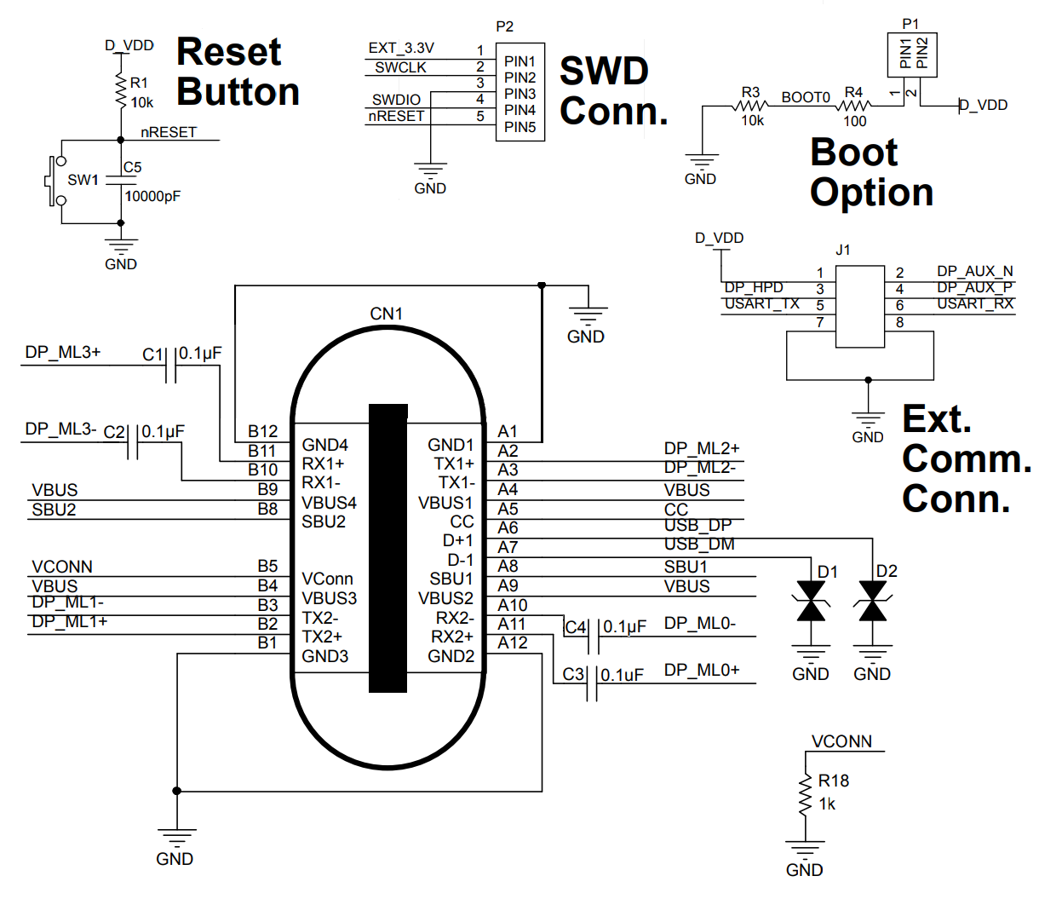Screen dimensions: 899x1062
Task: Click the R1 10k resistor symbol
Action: click(121, 89)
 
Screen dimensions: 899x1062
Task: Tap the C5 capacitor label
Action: click(132, 167)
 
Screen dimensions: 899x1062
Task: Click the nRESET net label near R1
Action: click(169, 132)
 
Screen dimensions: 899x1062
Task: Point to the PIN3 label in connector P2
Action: click(520, 94)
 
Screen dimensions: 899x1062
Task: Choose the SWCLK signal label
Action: click(400, 67)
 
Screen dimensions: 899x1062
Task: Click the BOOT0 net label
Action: click(806, 97)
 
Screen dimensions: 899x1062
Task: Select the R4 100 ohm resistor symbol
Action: click(853, 106)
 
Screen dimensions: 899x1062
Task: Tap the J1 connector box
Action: click(859, 307)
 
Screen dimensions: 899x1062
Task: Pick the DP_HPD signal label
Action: click(754, 288)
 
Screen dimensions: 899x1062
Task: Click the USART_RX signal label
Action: click(975, 304)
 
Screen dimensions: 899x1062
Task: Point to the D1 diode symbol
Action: click(810, 601)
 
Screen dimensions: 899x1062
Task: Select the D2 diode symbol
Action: click(872, 601)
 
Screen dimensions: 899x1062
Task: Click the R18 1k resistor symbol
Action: click(804, 796)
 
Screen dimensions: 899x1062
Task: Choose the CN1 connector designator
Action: click(386, 314)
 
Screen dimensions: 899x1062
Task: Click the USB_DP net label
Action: click(697, 525)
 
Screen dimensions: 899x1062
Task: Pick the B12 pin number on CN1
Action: click(262, 431)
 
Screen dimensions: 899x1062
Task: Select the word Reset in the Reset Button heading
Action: click(228, 52)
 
